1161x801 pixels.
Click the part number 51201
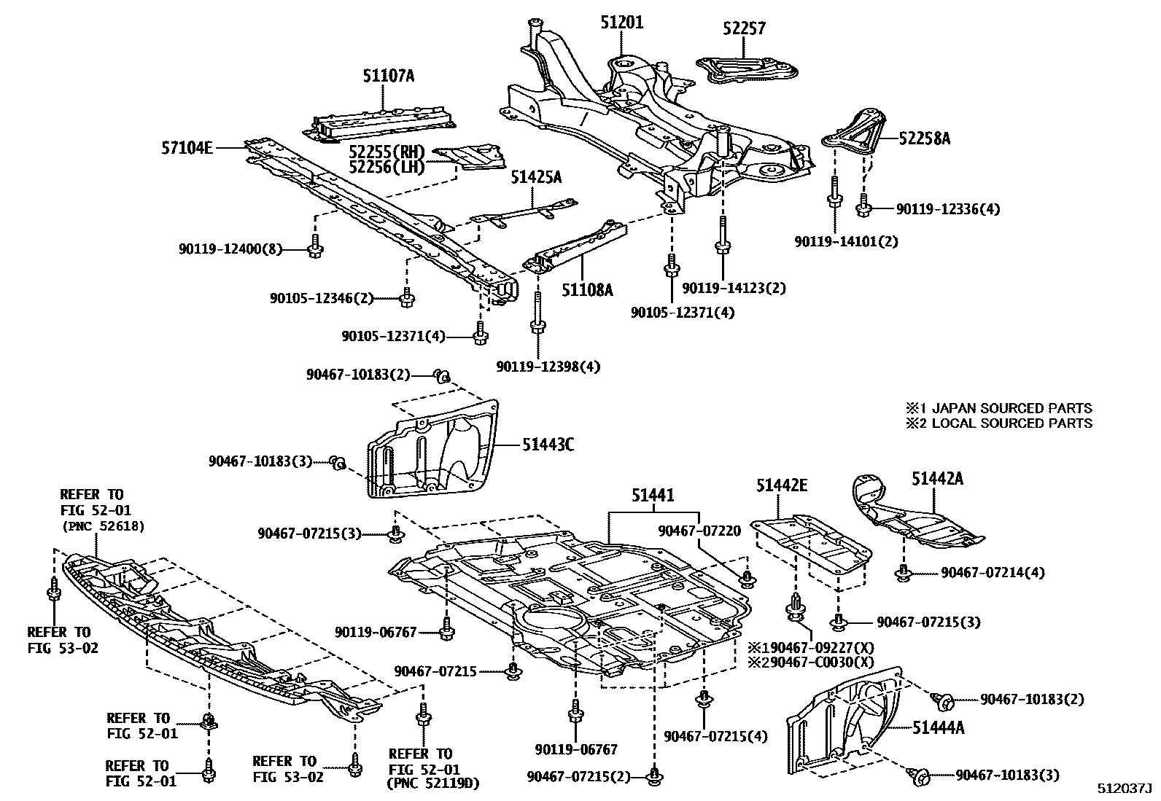click(621, 23)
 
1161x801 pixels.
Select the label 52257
click(745, 28)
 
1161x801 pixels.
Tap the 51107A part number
click(388, 75)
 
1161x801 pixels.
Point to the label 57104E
click(187, 148)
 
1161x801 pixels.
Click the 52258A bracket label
click(924, 138)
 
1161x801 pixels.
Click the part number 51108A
click(587, 290)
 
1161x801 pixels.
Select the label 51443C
click(547, 443)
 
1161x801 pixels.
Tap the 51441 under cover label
click(653, 496)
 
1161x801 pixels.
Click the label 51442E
click(781, 485)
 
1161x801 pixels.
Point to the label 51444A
click(938, 727)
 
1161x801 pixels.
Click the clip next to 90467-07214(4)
click(904, 573)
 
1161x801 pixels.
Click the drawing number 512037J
click(1125, 789)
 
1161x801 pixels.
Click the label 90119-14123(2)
click(734, 288)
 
